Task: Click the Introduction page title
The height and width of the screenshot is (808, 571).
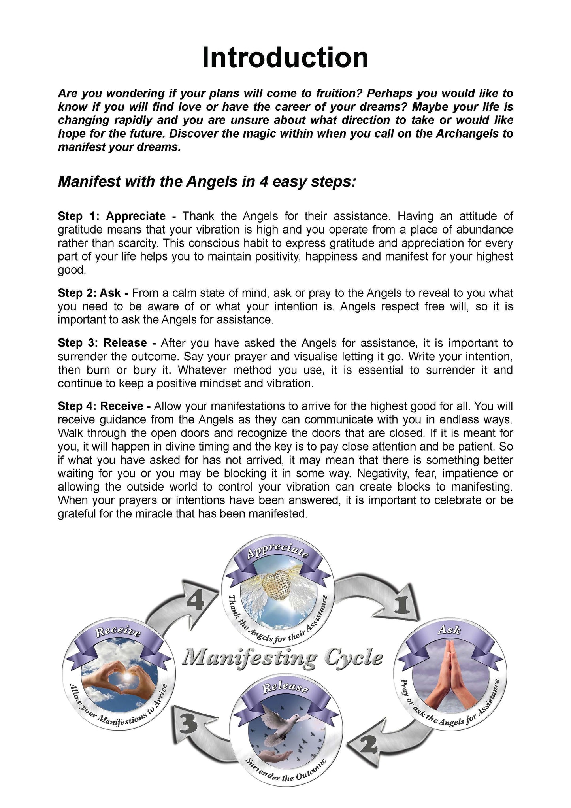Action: [x=285, y=58]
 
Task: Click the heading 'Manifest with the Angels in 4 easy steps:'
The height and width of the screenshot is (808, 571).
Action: [x=207, y=182]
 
